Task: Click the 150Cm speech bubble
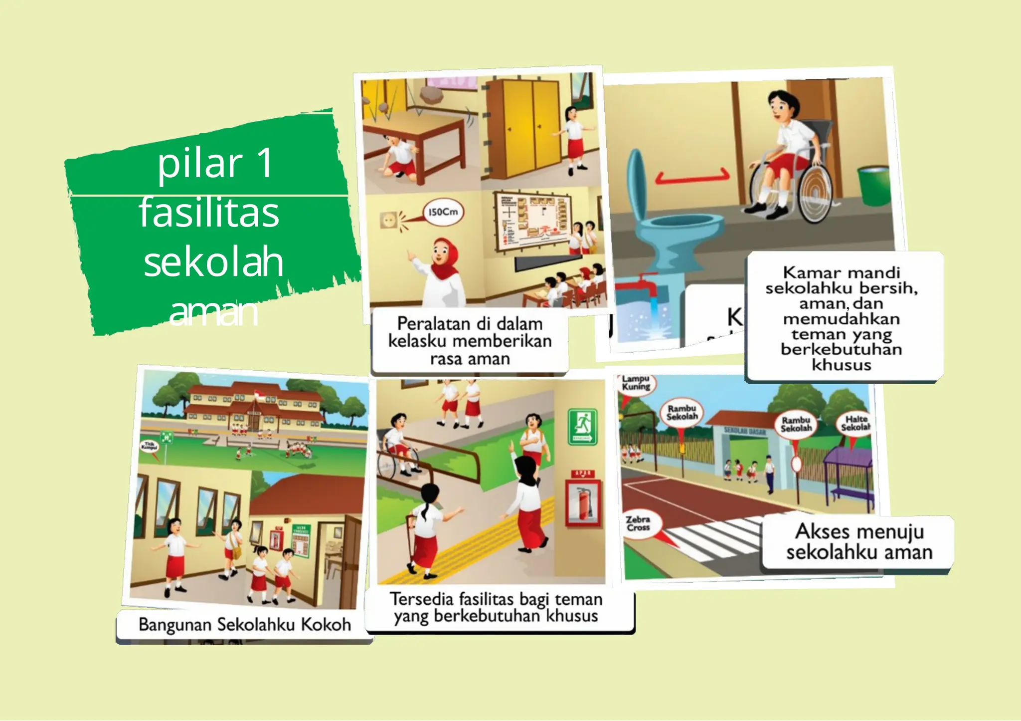443,212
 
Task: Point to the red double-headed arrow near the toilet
692,177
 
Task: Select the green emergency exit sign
582,427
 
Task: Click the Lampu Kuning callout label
636,383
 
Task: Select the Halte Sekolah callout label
855,424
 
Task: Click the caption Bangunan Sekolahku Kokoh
244,625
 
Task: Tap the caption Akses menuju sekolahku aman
859,542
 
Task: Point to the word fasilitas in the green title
209,213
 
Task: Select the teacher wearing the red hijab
443,272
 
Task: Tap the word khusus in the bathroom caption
842,365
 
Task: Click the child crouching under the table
399,157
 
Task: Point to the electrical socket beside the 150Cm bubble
388,220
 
